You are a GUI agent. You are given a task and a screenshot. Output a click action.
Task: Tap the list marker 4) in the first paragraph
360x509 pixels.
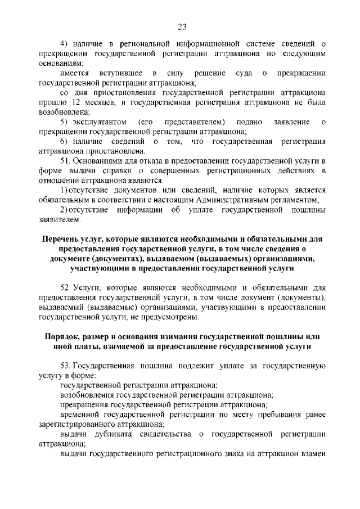65,43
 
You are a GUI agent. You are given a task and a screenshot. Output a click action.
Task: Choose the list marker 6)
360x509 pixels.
65,141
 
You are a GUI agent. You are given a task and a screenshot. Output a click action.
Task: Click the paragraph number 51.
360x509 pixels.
65,161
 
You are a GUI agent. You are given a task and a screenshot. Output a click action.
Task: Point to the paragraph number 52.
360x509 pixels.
65,287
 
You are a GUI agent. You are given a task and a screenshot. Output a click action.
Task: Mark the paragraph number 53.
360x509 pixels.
65,366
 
